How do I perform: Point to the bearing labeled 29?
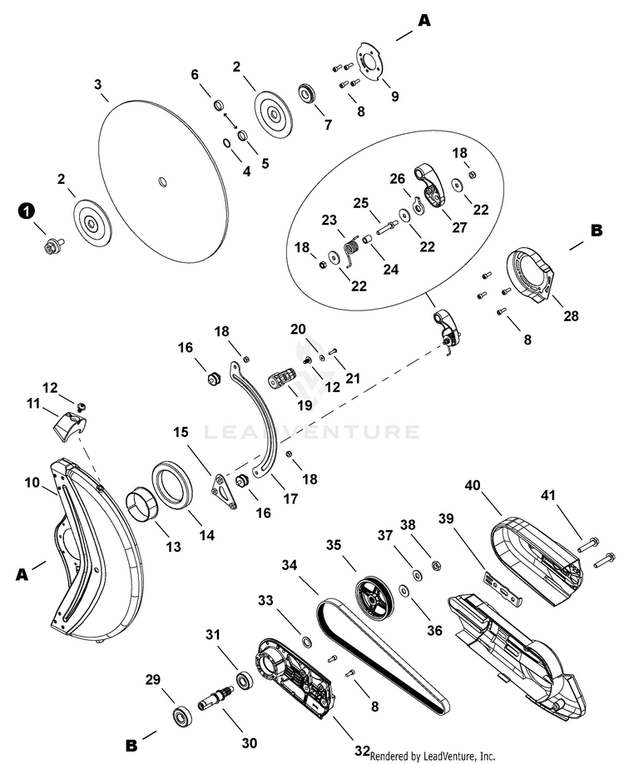(180, 715)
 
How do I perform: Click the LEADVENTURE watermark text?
(311, 432)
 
